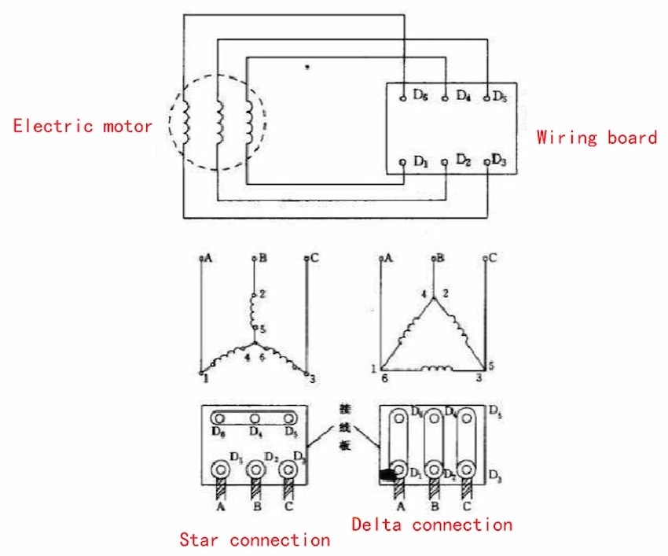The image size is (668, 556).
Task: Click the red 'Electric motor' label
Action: tap(83, 126)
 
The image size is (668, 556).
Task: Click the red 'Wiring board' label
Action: tap(596, 138)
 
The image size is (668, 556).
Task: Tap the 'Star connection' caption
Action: tap(255, 539)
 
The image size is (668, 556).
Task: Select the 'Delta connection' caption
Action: tap(431, 524)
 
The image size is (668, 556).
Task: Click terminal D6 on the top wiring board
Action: tap(402, 96)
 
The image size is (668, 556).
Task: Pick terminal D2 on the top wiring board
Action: tap(445, 161)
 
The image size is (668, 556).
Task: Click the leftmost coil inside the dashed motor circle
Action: tap(187, 120)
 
